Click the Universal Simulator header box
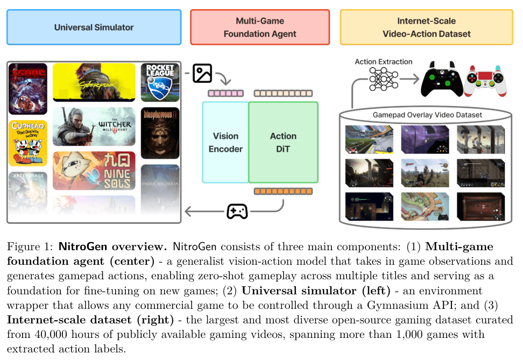coord(94,27)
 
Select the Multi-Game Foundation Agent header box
coord(259,27)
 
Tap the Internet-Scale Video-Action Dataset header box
coord(426,27)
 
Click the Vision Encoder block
coord(225,143)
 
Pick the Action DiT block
coord(283,143)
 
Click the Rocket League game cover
coord(160,82)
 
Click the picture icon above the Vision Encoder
coord(202,73)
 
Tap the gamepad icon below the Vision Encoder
coord(237,211)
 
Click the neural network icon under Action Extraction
coord(384,80)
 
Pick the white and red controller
coord(486,81)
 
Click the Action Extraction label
coord(384,62)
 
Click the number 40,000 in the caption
coord(48,335)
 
